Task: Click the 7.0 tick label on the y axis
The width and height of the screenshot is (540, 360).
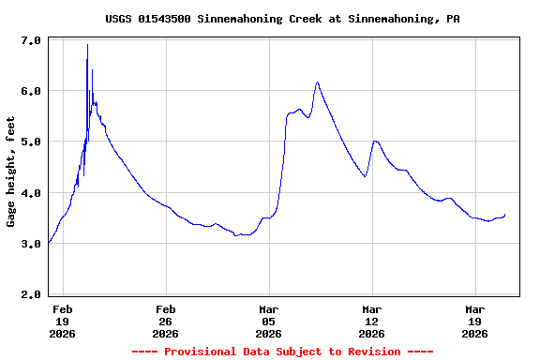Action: coord(31,40)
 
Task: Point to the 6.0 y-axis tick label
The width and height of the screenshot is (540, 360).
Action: coord(31,91)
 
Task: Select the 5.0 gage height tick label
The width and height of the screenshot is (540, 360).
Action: coord(31,142)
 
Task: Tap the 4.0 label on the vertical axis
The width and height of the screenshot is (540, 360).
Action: coord(31,193)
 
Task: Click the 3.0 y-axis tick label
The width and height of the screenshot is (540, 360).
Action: coord(31,244)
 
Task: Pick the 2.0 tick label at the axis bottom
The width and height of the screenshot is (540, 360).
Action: coord(31,294)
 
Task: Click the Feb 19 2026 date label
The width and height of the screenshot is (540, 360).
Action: coord(63,321)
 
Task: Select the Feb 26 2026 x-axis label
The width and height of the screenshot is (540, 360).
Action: coord(166,321)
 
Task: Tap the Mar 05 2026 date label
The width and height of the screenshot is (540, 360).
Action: coord(269,321)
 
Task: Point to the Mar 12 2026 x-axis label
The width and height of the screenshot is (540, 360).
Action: coord(372,321)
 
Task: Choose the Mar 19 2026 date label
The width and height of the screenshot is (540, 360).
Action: coord(475,321)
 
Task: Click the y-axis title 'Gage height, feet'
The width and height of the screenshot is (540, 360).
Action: coord(11,172)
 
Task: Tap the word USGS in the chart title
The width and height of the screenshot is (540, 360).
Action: coord(118,19)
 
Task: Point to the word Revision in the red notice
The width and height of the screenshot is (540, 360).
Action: coord(374,352)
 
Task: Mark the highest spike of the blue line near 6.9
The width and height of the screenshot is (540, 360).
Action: coord(87,45)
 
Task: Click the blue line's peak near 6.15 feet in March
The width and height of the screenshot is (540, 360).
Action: coord(317,82)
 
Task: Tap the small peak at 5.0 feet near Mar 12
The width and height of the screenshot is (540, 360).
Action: coord(375,141)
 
